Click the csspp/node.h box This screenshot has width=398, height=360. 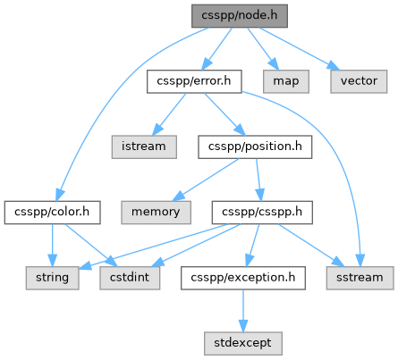point(240,16)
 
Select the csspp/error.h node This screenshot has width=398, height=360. point(194,81)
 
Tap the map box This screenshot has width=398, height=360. point(286,81)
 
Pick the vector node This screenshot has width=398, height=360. point(359,81)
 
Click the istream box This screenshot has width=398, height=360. point(144,147)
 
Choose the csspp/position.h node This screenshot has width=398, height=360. point(255,147)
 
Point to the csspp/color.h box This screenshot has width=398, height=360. point(52,213)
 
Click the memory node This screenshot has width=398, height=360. point(156,213)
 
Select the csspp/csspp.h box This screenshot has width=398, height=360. point(262,213)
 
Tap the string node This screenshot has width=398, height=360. point(52,278)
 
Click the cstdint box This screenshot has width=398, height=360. point(130,278)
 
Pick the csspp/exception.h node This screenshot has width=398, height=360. point(243,278)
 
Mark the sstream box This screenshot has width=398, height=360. point(360,278)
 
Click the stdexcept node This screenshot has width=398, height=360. point(243,343)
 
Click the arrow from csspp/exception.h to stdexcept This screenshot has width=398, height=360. point(243,311)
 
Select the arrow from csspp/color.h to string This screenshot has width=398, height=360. point(52,245)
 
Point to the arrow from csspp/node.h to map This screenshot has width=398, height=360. point(263,48)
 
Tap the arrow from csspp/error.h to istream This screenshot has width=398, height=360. point(169,114)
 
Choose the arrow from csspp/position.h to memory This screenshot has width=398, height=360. point(206,180)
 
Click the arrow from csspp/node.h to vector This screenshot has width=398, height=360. point(300,49)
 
